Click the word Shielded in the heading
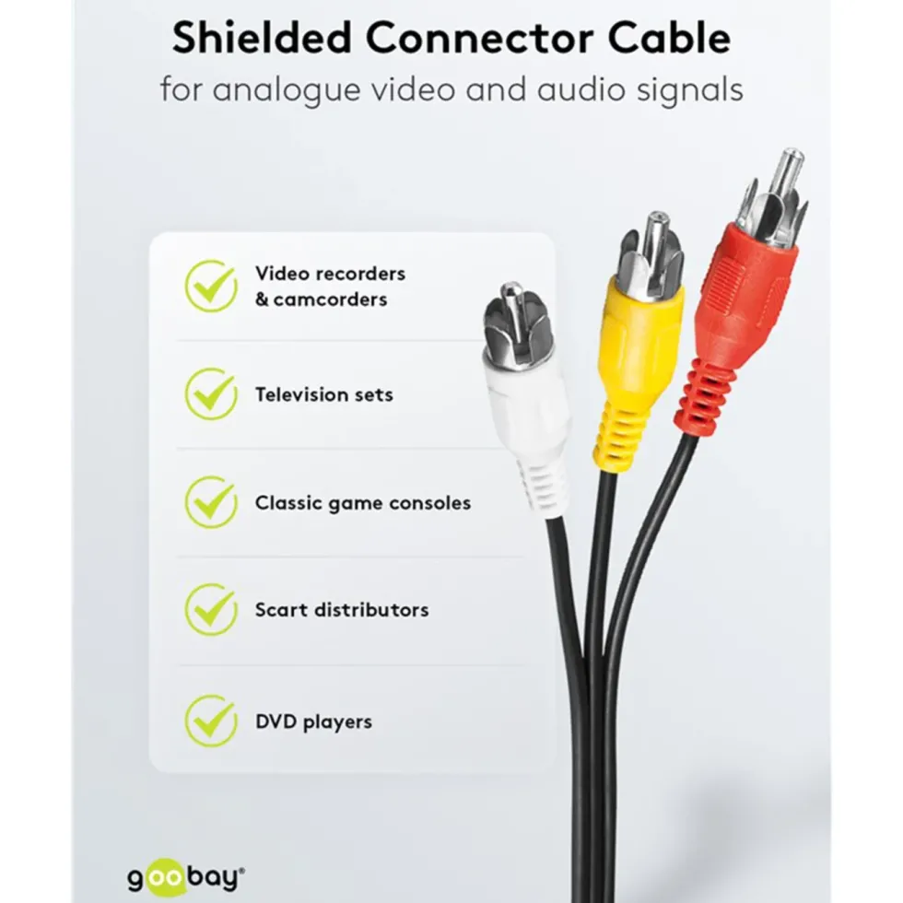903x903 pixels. [x=262, y=39]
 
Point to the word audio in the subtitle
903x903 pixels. [x=581, y=90]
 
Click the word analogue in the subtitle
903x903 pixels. [x=287, y=91]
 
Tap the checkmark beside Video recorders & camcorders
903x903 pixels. [x=211, y=286]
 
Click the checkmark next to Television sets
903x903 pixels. [x=211, y=394]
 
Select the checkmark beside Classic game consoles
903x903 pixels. [x=211, y=502]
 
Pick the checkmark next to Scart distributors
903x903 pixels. [x=211, y=610]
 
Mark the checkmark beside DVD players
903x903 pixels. [x=211, y=721]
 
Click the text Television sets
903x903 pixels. [x=324, y=394]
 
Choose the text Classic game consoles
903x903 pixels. [x=363, y=503]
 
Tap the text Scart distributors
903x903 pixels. [x=342, y=610]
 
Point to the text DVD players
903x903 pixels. [x=314, y=722]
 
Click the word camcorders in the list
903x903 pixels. [x=331, y=299]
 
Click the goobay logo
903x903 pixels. [x=185, y=879]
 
